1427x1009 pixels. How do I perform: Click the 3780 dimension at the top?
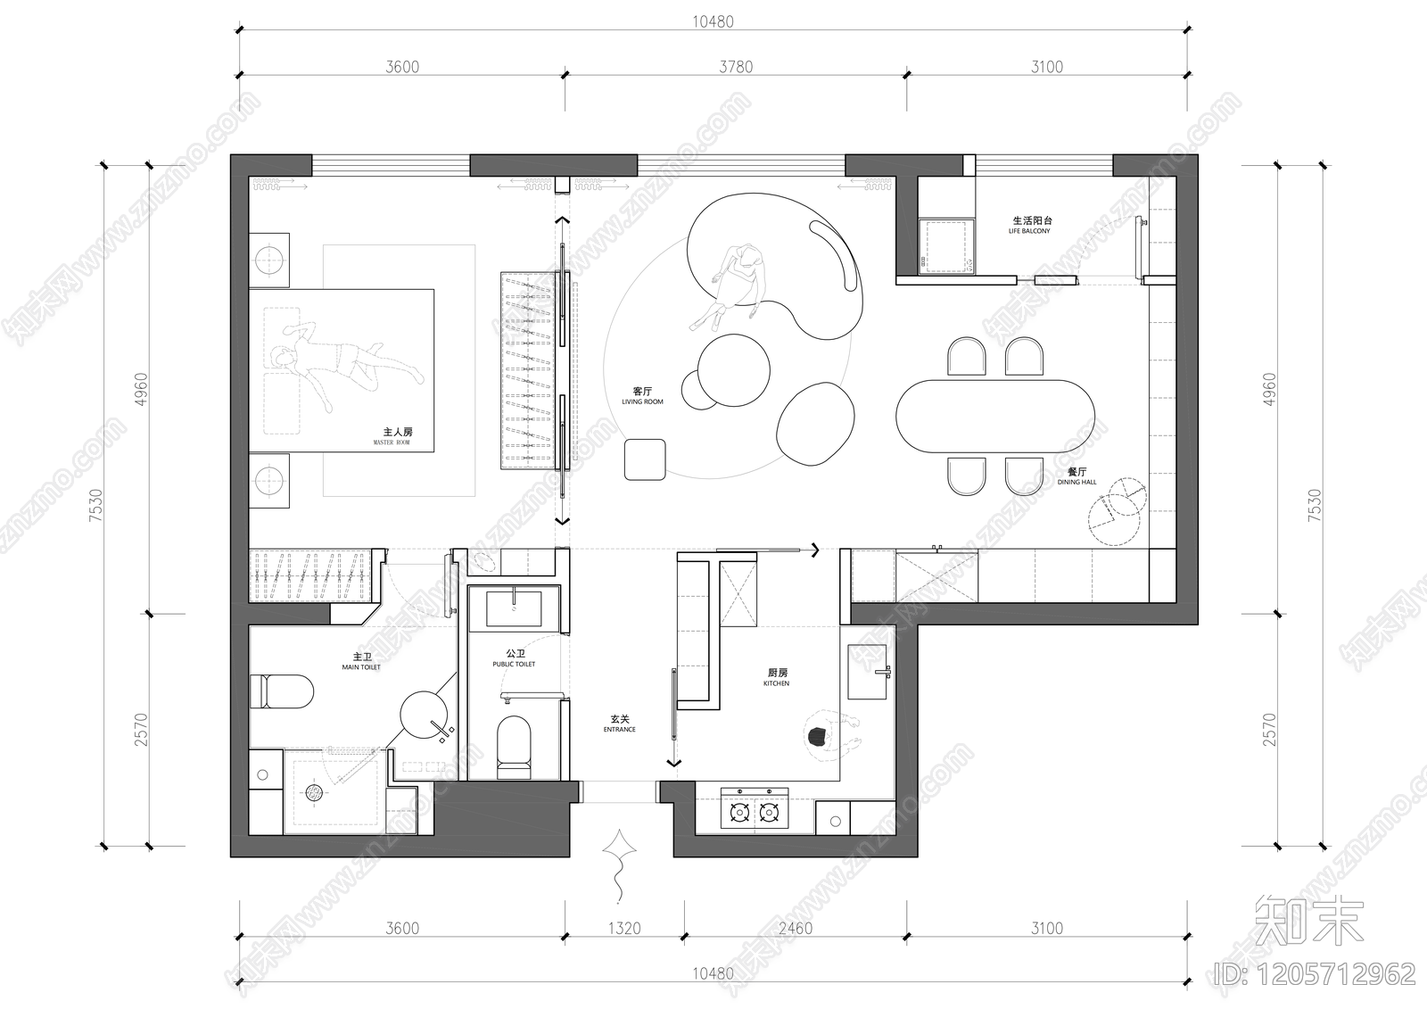point(735,67)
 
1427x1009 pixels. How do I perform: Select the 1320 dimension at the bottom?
point(624,928)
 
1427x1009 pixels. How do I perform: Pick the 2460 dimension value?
point(795,928)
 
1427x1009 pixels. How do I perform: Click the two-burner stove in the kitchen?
point(754,810)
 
